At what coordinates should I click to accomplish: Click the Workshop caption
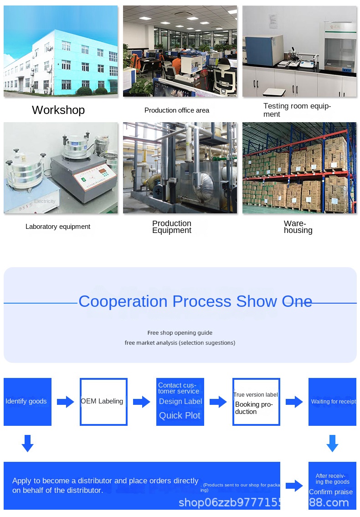[58, 110]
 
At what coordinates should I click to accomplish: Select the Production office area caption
[177, 110]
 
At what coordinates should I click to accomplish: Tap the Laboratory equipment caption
[58, 227]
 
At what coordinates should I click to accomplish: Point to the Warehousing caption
[298, 227]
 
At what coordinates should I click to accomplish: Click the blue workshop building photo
[61, 51]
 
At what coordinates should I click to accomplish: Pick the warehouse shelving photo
[299, 168]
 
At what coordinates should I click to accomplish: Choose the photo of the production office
[180, 51]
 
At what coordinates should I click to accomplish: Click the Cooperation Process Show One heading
[195, 301]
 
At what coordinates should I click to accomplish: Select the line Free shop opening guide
[180, 333]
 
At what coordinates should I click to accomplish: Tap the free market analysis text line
[180, 343]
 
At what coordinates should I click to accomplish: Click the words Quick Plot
[180, 415]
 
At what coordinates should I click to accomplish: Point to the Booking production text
[254, 408]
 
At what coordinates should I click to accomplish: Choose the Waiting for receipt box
[332, 402]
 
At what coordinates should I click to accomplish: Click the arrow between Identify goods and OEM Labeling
[65, 402]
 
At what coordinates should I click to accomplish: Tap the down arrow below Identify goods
[27, 443]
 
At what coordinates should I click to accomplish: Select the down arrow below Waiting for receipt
[332, 443]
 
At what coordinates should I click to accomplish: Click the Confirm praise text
[331, 492]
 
